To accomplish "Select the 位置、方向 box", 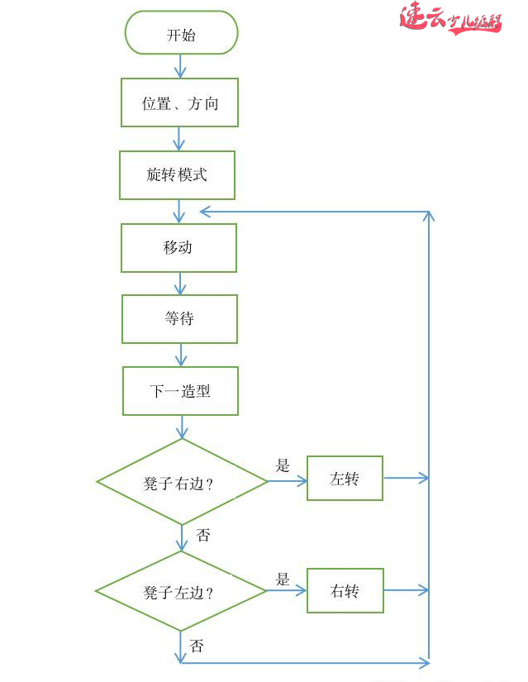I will click(x=179, y=103).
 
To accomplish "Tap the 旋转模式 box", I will click(x=177, y=174).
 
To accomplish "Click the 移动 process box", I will click(x=178, y=247).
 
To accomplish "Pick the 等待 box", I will click(x=179, y=319).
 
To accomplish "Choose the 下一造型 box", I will click(x=180, y=391).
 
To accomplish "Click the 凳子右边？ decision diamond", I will click(x=182, y=482).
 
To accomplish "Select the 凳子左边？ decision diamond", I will click(x=180, y=591).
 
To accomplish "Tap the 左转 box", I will click(x=345, y=478).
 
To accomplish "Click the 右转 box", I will click(x=345, y=590).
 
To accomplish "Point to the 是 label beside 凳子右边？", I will click(x=283, y=465).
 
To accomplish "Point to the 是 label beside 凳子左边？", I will click(x=283, y=579).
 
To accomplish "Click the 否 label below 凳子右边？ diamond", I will click(x=202, y=535).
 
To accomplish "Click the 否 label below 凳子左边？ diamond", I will click(x=197, y=645).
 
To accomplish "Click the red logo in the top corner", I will click(x=450, y=18).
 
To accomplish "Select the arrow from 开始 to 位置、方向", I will click(x=180, y=66).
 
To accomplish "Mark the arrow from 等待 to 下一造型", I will click(x=180, y=355).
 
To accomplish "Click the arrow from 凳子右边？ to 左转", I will click(x=287, y=479).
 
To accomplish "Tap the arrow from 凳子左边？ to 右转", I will click(x=286, y=591).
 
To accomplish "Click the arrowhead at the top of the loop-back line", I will click(x=429, y=217).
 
